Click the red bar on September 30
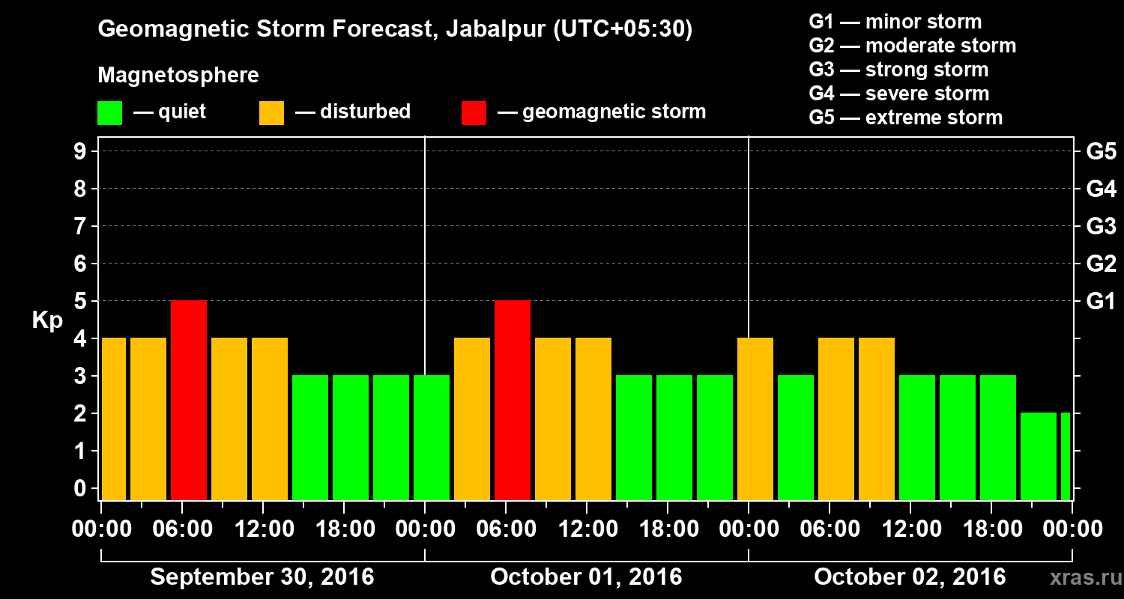click(x=189, y=400)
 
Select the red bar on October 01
click(x=513, y=400)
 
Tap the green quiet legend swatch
click(x=109, y=113)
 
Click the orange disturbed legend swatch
click(x=271, y=113)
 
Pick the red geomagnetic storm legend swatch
click(x=474, y=113)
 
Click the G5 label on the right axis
click(x=1101, y=152)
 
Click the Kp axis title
click(x=47, y=320)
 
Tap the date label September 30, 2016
click(x=262, y=577)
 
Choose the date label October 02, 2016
click(x=910, y=577)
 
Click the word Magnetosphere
click(x=178, y=76)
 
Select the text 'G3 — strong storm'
click(x=898, y=70)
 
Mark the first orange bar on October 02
click(x=755, y=419)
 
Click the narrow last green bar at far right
click(x=1066, y=456)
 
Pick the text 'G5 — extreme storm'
click(x=905, y=118)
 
